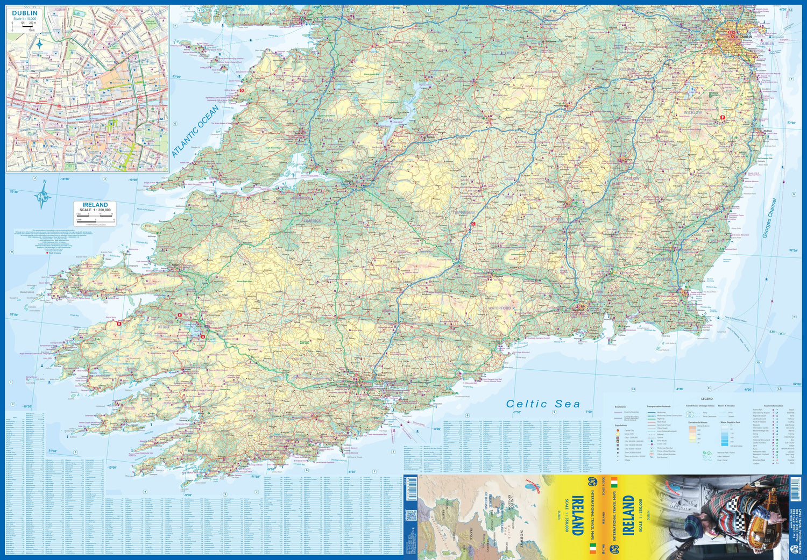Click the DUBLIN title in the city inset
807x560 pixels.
(x=25, y=13)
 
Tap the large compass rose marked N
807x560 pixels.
(x=43, y=197)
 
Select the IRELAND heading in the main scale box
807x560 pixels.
(x=95, y=205)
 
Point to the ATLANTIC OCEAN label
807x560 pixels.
(x=195, y=131)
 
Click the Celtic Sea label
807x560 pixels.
(x=543, y=404)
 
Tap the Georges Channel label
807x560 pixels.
(x=769, y=218)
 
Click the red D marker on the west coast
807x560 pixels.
(x=242, y=90)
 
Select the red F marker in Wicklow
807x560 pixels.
(x=723, y=117)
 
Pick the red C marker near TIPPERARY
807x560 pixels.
(x=473, y=224)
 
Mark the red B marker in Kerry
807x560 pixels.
(x=119, y=323)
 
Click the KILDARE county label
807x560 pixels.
(x=627, y=69)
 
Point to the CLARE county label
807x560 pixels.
(x=327, y=120)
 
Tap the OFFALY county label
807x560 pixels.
(x=512, y=53)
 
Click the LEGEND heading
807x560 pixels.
(x=706, y=398)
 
